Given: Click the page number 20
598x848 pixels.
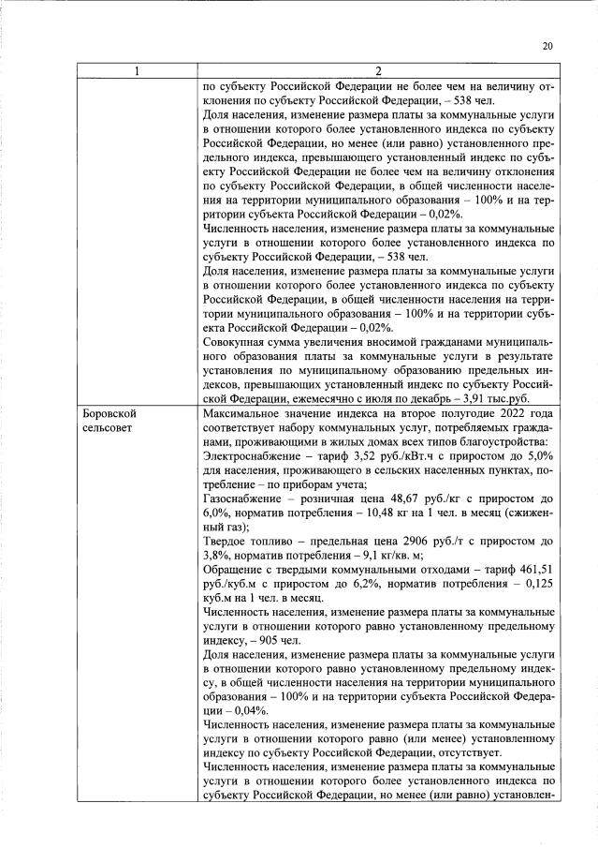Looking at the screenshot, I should pyautogui.click(x=547, y=45).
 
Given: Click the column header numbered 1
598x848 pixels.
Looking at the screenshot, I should pyautogui.click(x=139, y=71).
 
